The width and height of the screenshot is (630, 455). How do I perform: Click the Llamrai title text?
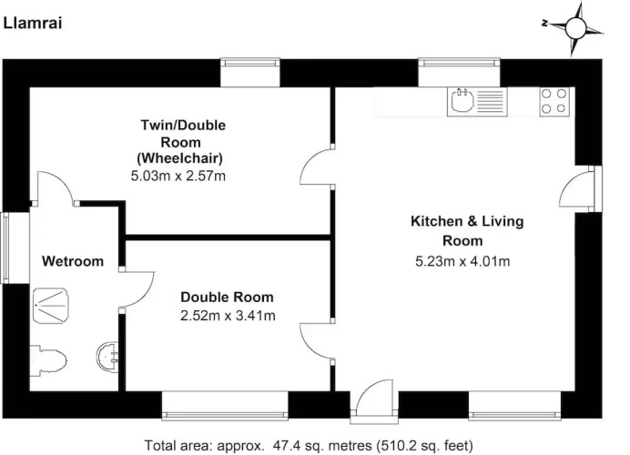point(33,24)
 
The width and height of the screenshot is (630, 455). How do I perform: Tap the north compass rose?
point(574,28)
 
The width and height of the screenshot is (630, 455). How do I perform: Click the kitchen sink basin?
point(462,100)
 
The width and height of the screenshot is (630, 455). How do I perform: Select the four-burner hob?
point(554,101)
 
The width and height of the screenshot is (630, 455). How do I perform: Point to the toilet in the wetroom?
point(48,360)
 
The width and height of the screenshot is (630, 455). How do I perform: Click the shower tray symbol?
point(51,305)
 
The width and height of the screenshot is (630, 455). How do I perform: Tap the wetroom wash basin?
point(107,356)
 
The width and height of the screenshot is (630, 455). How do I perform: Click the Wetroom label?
point(73,261)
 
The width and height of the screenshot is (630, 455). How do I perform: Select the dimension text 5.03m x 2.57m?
point(178,176)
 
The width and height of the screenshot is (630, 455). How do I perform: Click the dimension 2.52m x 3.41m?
point(228,316)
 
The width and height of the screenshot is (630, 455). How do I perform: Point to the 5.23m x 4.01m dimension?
point(462,261)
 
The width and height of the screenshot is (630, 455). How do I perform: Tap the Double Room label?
point(227,298)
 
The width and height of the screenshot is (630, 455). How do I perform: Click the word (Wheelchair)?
point(179,158)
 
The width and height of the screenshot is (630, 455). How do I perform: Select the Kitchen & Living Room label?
point(467,231)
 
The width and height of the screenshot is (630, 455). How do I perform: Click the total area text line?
point(309,445)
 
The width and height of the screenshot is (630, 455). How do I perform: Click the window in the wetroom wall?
point(5,248)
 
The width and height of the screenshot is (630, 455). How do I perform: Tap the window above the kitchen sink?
point(459,63)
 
